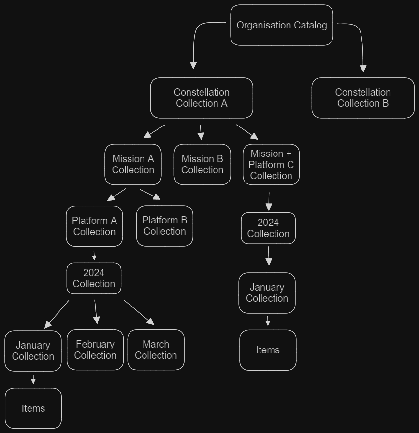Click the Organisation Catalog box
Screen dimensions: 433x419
(281, 25)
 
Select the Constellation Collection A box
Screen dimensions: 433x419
(202, 98)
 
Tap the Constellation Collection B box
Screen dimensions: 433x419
(363, 98)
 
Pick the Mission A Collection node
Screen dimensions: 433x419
(133, 165)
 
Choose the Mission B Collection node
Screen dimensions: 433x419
(202, 165)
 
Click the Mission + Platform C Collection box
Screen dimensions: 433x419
(271, 165)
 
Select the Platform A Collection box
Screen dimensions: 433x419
(94, 226)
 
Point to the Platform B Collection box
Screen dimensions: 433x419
(164, 226)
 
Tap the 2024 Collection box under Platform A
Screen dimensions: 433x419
(94, 279)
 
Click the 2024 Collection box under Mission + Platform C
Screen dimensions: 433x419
(268, 228)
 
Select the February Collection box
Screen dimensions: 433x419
(95, 350)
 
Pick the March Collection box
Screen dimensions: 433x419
(156, 350)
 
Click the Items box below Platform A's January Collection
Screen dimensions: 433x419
(33, 408)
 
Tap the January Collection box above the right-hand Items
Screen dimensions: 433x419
(267, 293)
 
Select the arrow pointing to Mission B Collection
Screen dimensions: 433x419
(201, 132)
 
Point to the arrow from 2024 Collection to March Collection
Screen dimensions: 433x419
(139, 312)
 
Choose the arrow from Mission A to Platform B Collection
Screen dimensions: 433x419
(150, 194)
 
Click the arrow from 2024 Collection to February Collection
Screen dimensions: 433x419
(96, 311)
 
